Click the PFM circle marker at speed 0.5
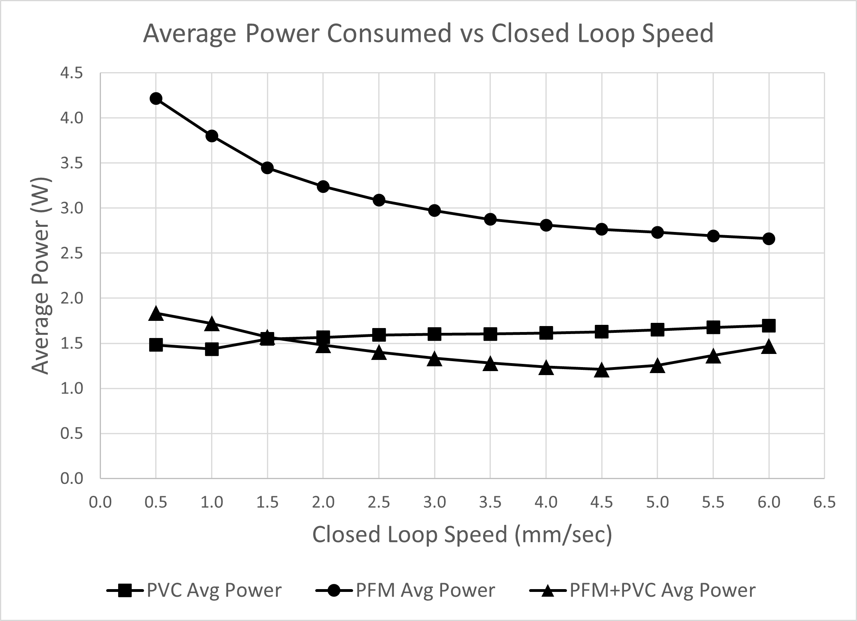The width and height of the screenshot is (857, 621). coord(156,98)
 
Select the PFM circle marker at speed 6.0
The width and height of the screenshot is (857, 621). coord(769,239)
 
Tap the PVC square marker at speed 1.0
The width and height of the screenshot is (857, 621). coord(211,349)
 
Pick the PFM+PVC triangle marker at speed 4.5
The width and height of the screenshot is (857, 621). coord(602,371)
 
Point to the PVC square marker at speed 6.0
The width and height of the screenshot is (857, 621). coord(769,325)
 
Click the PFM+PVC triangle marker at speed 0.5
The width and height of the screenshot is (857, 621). coord(156,314)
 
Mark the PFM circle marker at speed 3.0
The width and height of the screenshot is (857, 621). coord(434,210)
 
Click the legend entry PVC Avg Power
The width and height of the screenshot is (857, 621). coord(194,590)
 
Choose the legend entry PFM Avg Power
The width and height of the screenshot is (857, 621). coord(405,590)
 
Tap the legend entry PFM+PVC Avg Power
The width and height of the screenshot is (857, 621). coord(642,590)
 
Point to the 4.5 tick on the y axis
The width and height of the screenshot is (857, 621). coord(71,73)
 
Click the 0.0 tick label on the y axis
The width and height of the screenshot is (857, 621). coord(71,478)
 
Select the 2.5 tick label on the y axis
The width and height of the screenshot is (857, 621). coord(71,254)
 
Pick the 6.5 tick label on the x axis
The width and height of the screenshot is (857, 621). coord(824,502)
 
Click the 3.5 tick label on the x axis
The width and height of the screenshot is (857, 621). coord(490,502)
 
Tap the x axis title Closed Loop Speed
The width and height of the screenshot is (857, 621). coord(462,534)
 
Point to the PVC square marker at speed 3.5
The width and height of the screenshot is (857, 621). coord(490,334)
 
